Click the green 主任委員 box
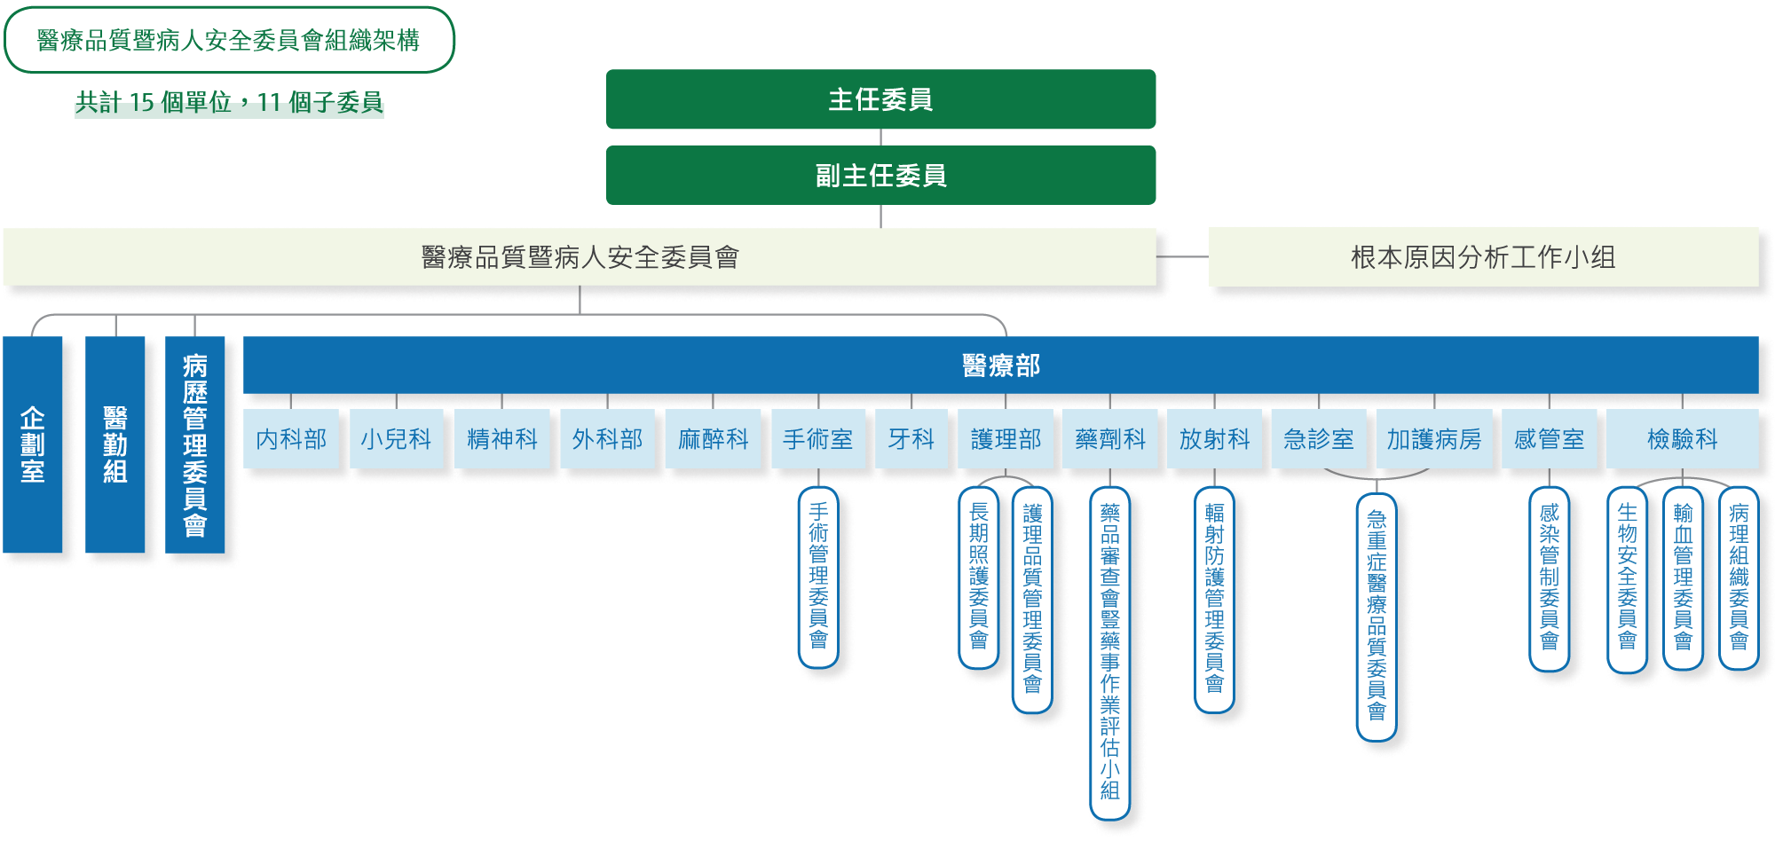(x=880, y=99)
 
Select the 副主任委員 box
(x=880, y=176)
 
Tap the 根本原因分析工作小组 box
(x=1483, y=257)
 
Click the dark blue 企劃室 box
(x=33, y=444)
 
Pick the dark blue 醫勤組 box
(x=115, y=444)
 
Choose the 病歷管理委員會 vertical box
(x=195, y=444)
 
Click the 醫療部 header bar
(x=1000, y=365)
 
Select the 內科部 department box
(x=291, y=438)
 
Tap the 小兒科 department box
(x=396, y=438)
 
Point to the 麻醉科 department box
(x=713, y=438)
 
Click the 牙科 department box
(x=911, y=438)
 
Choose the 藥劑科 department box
(x=1110, y=438)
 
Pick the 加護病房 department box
(x=1434, y=438)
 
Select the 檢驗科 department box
(x=1682, y=438)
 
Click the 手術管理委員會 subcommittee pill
(x=818, y=577)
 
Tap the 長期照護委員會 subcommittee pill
(x=979, y=577)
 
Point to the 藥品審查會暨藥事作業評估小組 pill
(x=1110, y=652)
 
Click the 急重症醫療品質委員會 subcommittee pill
(x=1377, y=617)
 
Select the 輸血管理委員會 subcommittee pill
(x=1683, y=577)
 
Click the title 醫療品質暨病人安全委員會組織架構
(x=229, y=40)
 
